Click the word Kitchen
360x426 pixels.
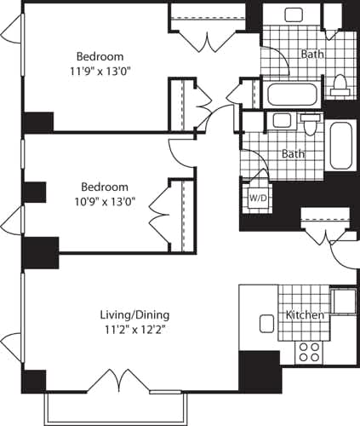coord(306,315)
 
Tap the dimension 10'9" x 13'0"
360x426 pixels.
coord(105,202)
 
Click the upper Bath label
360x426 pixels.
coord(312,54)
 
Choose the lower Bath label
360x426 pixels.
coord(294,154)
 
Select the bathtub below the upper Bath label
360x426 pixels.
coord(291,93)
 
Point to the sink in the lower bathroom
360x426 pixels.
coord(282,121)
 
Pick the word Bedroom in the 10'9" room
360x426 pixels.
coord(105,187)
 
